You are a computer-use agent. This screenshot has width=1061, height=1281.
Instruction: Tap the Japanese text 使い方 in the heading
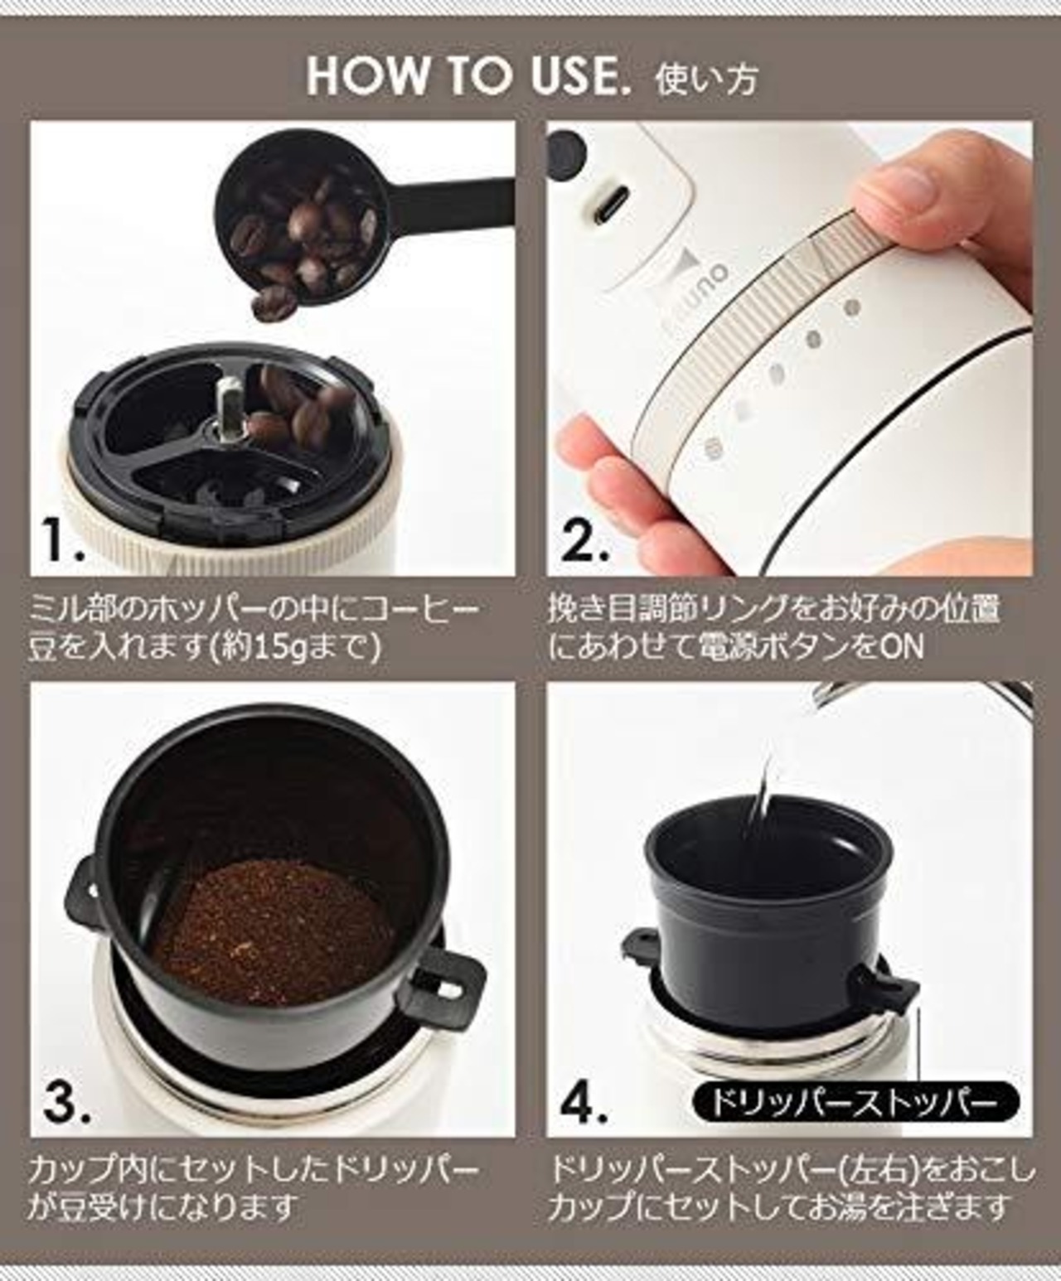click(x=706, y=78)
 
